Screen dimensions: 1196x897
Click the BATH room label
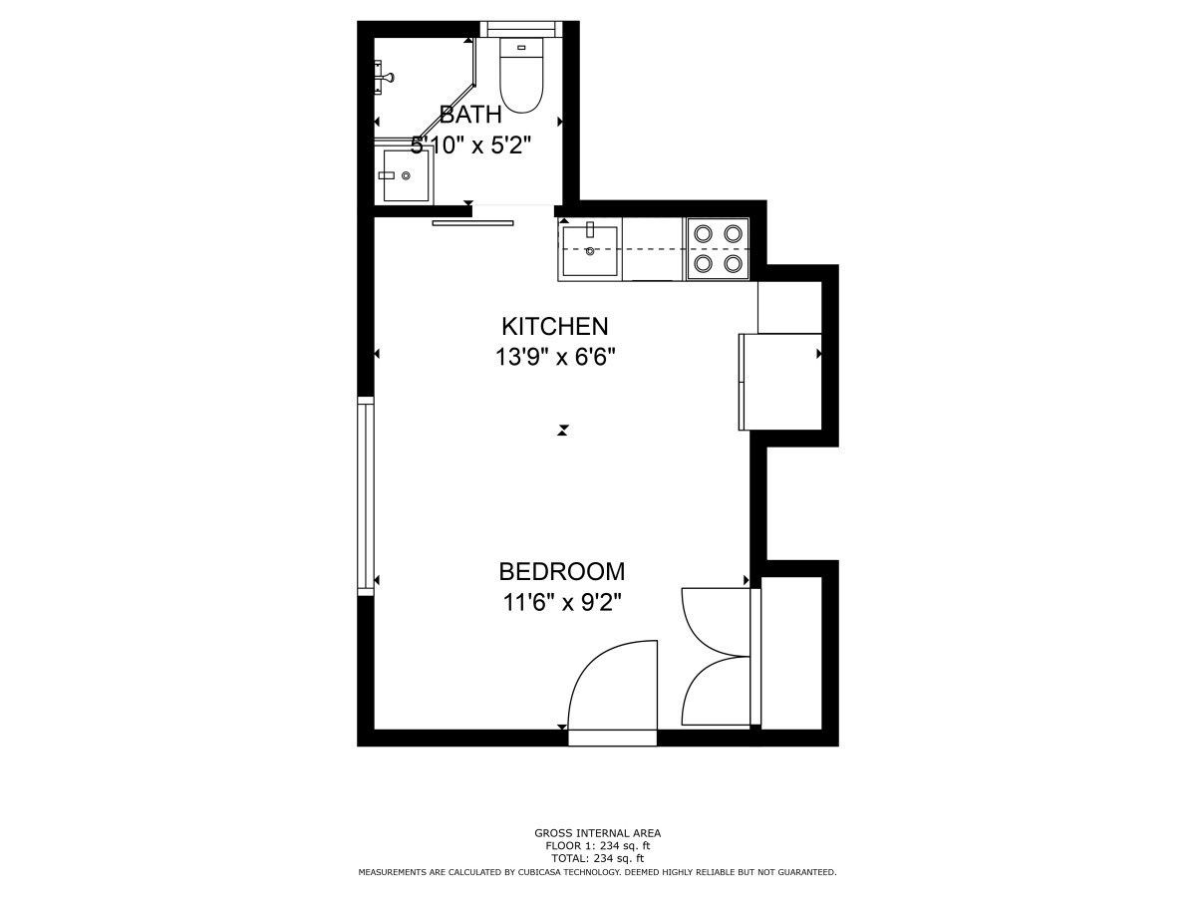pyautogui.click(x=470, y=115)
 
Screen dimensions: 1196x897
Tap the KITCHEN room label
pyautogui.click(x=555, y=326)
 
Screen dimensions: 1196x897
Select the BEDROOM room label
pyautogui.click(x=562, y=571)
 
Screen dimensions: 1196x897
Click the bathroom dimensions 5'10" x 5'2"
pyautogui.click(x=470, y=146)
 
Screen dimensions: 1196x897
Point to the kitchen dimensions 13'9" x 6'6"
pyautogui.click(x=555, y=357)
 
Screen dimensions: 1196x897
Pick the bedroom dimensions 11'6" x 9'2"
pyautogui.click(x=562, y=602)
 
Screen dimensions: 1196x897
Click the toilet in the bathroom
pyautogui.click(x=521, y=75)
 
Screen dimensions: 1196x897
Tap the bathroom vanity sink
pyautogui.click(x=406, y=175)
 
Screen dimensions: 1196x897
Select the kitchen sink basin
pyautogui.click(x=590, y=250)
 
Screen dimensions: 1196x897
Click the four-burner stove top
pyautogui.click(x=719, y=249)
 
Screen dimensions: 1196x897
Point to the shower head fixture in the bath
pyautogui.click(x=384, y=78)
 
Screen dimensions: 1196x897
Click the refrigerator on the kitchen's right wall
pyautogui.click(x=780, y=382)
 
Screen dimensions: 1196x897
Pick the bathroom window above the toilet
pyautogui.click(x=521, y=29)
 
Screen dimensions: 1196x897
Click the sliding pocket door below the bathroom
pyautogui.click(x=472, y=222)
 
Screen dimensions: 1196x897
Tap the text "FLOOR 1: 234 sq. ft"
pyautogui.click(x=598, y=846)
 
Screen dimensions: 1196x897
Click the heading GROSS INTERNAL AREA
pyautogui.click(x=598, y=833)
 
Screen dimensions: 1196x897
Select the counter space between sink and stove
pyautogui.click(x=653, y=249)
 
